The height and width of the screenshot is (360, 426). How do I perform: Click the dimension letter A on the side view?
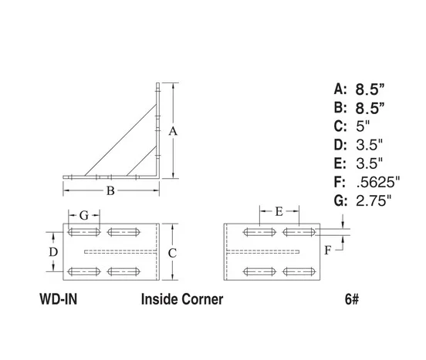tap(174, 131)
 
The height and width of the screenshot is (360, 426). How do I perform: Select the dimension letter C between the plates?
tap(174, 252)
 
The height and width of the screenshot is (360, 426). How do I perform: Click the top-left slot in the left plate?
tap(83, 231)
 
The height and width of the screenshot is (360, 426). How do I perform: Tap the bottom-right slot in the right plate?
tap(299, 270)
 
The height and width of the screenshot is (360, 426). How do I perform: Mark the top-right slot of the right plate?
tap(299, 231)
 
